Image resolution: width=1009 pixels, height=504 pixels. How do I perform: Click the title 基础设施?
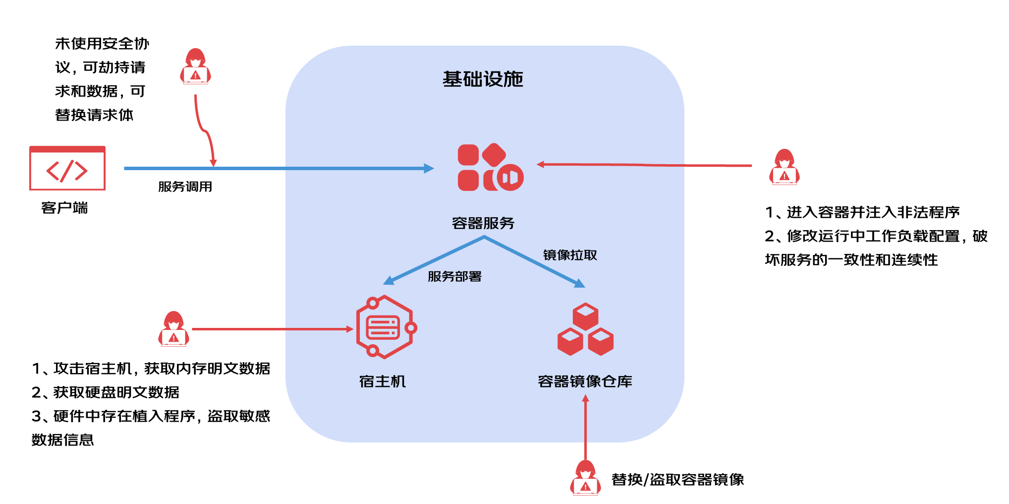(x=483, y=79)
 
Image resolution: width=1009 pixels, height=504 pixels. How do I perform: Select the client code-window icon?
(x=67, y=168)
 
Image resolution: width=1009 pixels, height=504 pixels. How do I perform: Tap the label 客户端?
(x=64, y=208)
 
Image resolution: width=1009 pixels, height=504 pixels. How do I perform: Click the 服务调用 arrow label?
(x=185, y=187)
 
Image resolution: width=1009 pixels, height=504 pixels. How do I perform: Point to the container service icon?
(x=490, y=168)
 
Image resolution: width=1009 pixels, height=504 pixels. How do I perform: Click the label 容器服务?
(x=483, y=223)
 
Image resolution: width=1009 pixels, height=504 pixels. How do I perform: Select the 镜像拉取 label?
(x=570, y=255)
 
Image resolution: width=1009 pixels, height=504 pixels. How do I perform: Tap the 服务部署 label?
(x=454, y=277)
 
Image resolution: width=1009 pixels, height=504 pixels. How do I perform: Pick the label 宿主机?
(x=383, y=381)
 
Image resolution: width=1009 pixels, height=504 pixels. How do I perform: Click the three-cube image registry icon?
(x=585, y=329)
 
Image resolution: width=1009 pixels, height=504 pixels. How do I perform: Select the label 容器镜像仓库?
(x=585, y=381)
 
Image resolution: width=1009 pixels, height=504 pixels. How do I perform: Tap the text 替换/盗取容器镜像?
(x=677, y=480)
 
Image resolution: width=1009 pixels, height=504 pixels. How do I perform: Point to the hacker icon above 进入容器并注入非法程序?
(x=784, y=167)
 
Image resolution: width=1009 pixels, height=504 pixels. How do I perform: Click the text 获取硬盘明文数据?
(x=116, y=392)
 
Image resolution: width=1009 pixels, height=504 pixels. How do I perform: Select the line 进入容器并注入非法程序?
(x=873, y=212)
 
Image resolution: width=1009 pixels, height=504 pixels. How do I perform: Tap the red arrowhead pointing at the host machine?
(x=349, y=329)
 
